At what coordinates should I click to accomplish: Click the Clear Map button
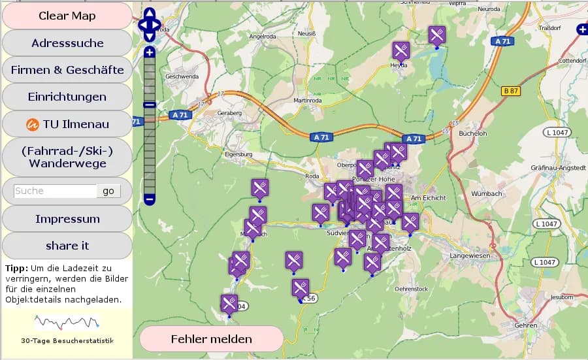click(x=67, y=16)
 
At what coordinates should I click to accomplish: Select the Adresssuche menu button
click(x=67, y=43)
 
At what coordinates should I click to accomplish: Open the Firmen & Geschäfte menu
click(x=67, y=70)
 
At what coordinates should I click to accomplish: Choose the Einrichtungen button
click(x=67, y=97)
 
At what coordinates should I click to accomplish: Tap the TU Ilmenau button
click(x=67, y=123)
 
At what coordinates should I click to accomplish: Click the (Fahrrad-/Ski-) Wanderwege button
click(x=67, y=157)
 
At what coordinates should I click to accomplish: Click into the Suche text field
click(x=55, y=191)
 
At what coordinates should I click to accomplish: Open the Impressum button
click(x=67, y=219)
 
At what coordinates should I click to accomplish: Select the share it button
click(x=67, y=246)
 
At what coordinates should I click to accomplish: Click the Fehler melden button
click(x=211, y=339)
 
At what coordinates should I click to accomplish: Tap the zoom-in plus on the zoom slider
click(x=150, y=52)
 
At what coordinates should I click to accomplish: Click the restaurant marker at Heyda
click(x=401, y=50)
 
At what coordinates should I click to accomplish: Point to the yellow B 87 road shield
click(x=511, y=91)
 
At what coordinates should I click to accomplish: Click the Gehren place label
click(x=525, y=325)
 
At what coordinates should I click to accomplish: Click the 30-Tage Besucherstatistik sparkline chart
click(x=67, y=322)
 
